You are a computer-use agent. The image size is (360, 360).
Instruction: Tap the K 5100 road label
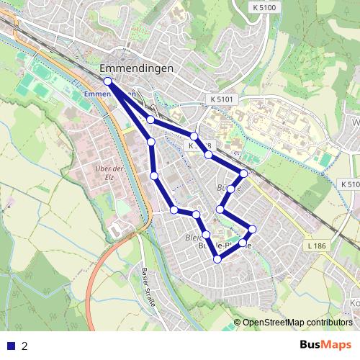coord(265,6)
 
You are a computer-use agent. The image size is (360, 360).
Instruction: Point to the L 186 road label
coord(316,247)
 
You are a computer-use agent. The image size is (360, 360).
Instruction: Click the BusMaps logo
coord(326,346)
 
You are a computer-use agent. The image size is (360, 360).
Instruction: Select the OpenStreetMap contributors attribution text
coord(297,323)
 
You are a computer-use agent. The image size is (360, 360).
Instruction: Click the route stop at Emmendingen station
coord(107,81)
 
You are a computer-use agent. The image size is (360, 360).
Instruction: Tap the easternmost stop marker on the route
coord(252,230)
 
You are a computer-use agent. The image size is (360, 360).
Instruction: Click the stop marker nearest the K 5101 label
coord(194,136)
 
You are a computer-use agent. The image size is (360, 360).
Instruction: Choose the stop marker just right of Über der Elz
coord(154,176)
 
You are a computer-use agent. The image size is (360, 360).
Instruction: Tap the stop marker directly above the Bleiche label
coord(196,215)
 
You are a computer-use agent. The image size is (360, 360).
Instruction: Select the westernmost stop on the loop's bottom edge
coord(174,210)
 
